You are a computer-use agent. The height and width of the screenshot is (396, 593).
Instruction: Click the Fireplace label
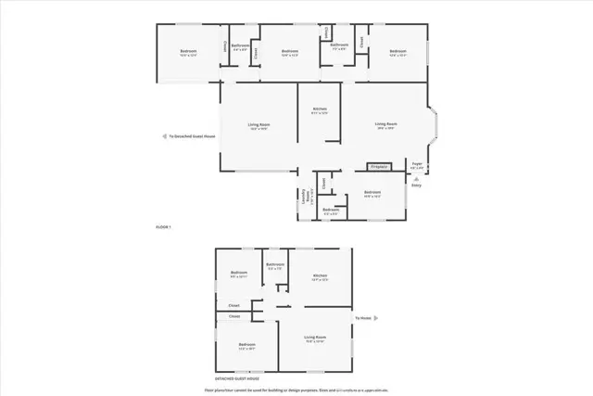tap(378, 167)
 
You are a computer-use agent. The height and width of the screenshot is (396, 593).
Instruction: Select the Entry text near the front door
tap(416, 185)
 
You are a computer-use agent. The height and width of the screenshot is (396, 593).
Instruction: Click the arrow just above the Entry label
tap(416, 178)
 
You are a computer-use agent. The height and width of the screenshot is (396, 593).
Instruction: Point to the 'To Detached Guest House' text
tap(192, 136)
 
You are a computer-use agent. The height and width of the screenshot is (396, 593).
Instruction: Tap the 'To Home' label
tap(362, 318)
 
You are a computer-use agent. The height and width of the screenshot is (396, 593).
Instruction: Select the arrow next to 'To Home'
tap(375, 318)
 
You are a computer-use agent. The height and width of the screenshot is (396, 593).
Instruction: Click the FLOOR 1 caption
tap(163, 227)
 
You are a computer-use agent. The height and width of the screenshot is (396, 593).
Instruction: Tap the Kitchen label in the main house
tap(320, 109)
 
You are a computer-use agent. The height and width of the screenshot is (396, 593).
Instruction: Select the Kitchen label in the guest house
tap(320, 275)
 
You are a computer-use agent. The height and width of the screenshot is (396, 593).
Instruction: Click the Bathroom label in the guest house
tap(275, 265)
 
